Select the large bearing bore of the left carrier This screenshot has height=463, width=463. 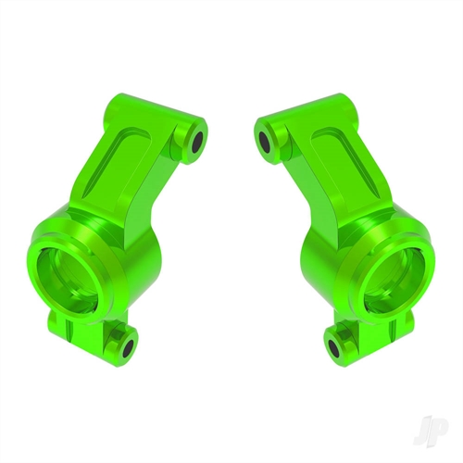74,273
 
